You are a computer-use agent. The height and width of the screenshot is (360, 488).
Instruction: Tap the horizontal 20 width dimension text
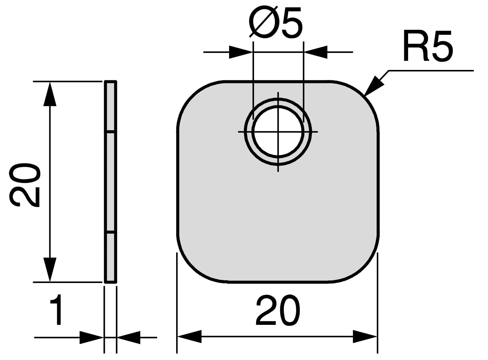tap(278, 312)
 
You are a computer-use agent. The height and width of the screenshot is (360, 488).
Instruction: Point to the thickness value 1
tap(57, 312)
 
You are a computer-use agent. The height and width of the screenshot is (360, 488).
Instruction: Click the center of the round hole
tap(278, 132)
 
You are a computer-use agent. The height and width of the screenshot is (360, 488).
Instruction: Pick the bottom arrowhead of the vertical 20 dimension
tap(50, 270)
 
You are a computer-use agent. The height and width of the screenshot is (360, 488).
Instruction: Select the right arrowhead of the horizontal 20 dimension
tap(365, 336)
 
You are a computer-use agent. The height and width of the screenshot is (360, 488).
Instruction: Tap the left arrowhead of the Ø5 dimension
tap(241, 52)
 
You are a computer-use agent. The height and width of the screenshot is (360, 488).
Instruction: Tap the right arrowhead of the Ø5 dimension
tap(315, 52)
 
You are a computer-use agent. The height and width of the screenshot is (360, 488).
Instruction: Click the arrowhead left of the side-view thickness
tap(92, 337)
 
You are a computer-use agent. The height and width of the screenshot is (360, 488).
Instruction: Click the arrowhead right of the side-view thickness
tap(129, 337)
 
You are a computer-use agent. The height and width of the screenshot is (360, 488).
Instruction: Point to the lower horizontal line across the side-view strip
tap(110, 233)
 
